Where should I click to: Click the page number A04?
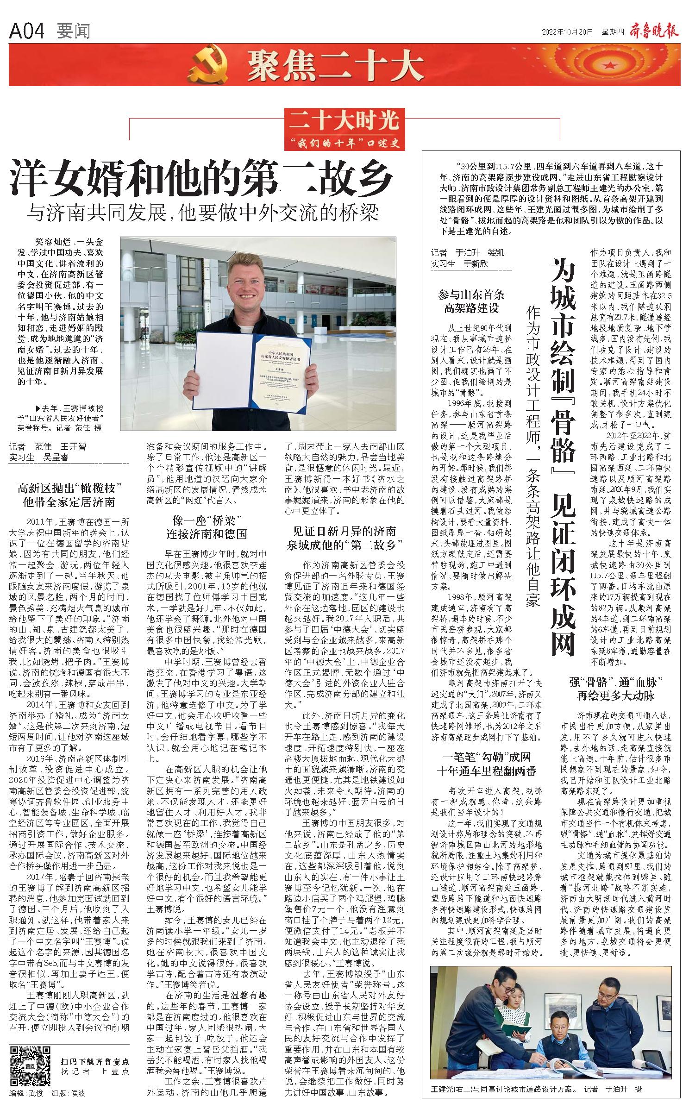click(26, 31)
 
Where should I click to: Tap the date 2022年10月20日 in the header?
click(567, 32)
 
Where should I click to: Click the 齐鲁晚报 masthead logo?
click(654, 31)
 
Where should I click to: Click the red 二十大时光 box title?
click(344, 122)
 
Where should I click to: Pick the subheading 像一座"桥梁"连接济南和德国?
click(207, 526)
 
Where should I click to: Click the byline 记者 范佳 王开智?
click(48, 447)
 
